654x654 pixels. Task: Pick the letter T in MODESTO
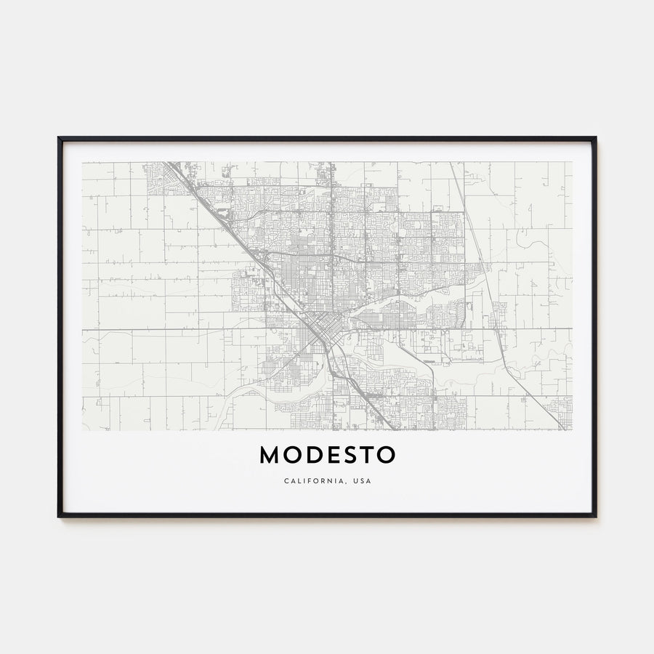(366, 455)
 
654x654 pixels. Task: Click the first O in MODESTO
(291, 455)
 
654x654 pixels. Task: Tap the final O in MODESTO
(386, 455)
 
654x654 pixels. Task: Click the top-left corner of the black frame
(59, 138)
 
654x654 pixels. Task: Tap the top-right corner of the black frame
(595, 138)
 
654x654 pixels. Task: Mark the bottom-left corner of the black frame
(59, 516)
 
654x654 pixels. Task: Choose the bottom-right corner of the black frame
(595, 516)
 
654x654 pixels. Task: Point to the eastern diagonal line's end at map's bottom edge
(563, 429)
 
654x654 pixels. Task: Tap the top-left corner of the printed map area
(82, 162)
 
